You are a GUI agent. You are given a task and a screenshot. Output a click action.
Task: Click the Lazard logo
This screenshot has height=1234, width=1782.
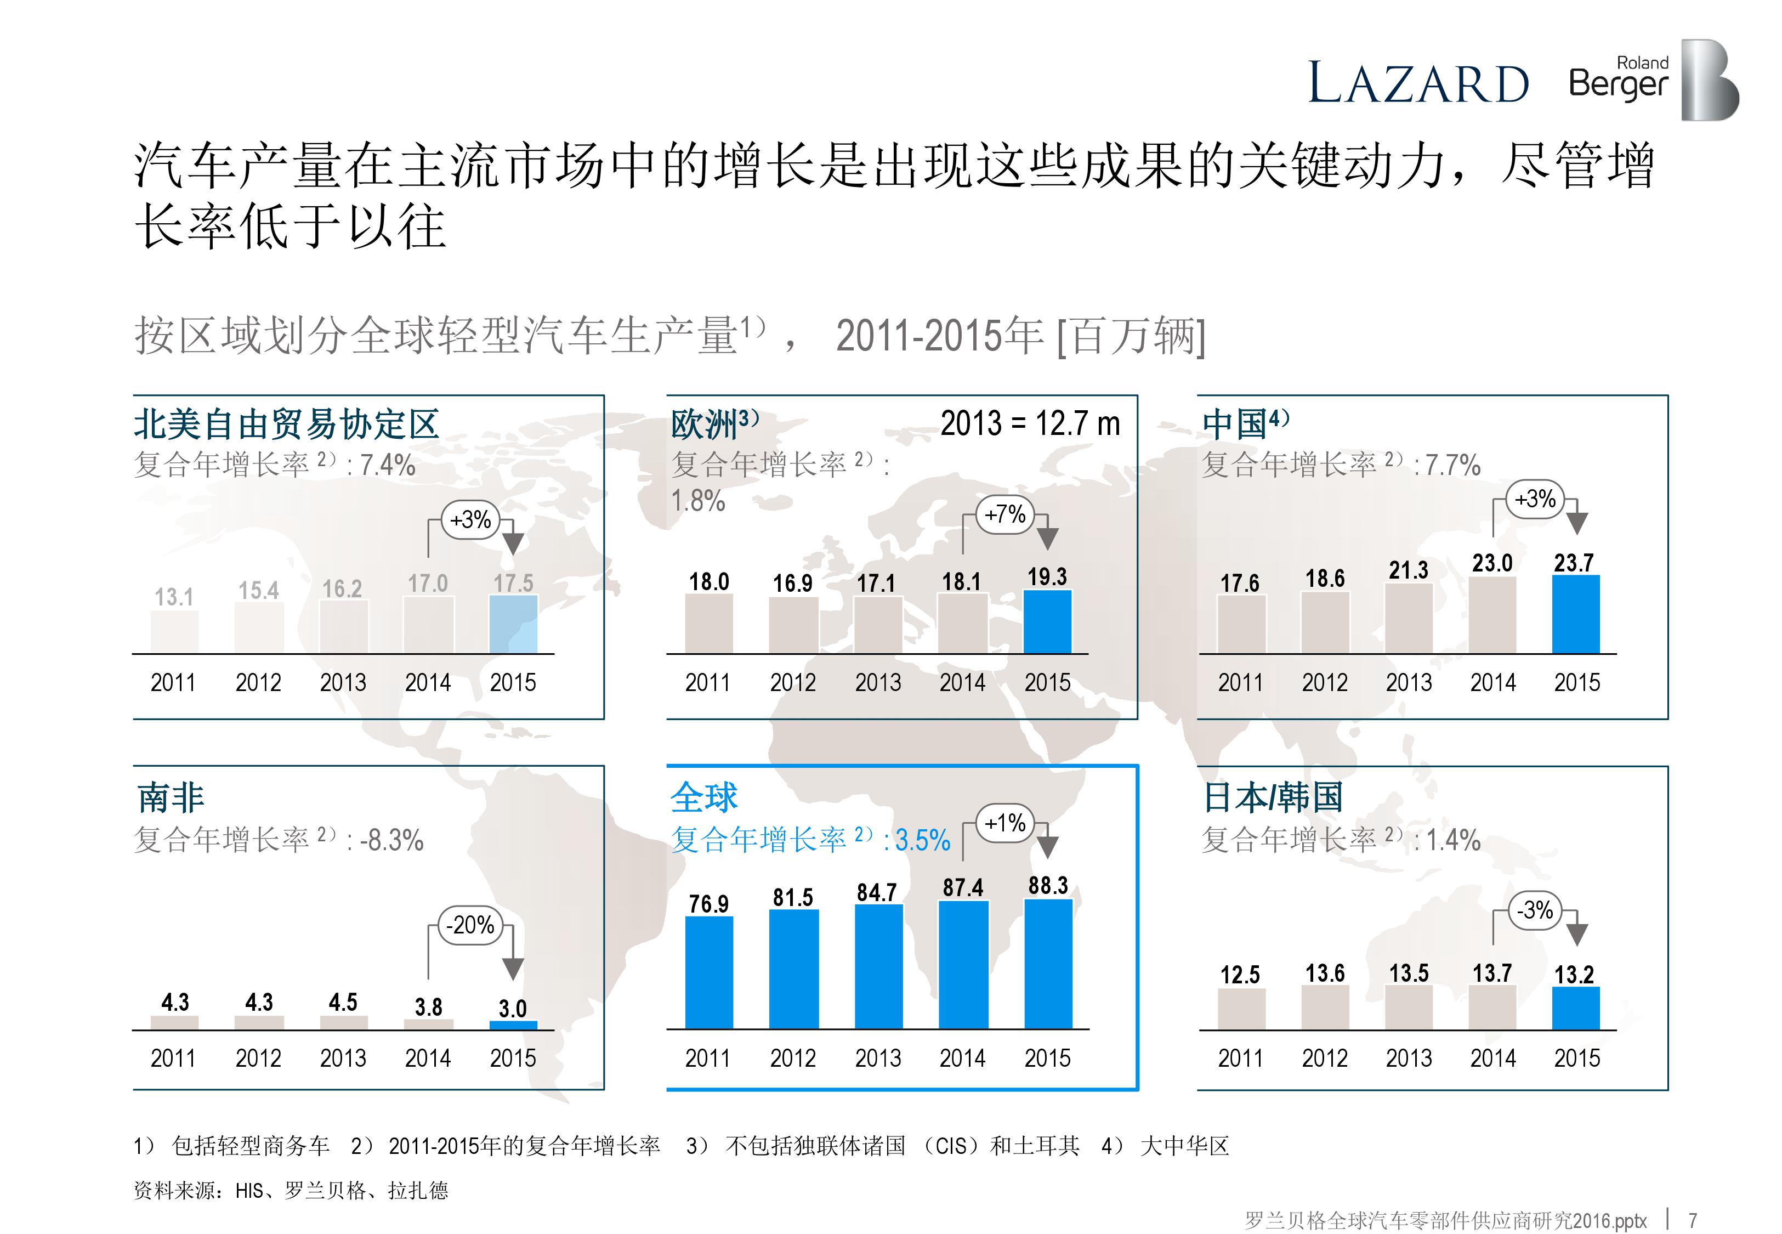click(1417, 83)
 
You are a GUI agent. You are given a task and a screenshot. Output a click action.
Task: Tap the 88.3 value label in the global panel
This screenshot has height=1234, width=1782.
click(1048, 885)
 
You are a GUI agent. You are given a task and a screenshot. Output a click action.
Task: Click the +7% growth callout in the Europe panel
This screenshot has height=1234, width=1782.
click(1004, 514)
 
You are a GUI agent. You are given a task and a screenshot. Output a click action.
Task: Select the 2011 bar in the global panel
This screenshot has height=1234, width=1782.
click(708, 972)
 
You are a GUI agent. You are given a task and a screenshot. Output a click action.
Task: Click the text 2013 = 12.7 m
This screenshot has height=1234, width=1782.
click(1030, 424)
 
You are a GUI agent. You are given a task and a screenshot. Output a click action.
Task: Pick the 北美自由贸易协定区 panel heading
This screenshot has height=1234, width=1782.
click(286, 424)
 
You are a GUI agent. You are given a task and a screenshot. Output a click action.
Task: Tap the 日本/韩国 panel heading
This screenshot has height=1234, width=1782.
click(1273, 797)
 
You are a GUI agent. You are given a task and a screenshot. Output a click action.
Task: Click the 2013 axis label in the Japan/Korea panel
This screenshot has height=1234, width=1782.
click(1408, 1058)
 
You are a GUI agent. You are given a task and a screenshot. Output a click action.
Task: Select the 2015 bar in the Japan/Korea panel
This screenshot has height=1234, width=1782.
click(1576, 1008)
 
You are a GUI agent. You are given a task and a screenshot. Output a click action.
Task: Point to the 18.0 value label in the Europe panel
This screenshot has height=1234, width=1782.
click(708, 581)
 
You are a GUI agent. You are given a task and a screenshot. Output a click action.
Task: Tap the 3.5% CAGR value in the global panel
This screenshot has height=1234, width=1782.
click(922, 840)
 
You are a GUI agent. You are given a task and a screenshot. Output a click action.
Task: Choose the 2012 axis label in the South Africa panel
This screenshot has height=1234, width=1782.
click(258, 1058)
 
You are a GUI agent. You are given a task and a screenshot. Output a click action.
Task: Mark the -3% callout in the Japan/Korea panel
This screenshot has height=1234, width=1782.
click(1535, 910)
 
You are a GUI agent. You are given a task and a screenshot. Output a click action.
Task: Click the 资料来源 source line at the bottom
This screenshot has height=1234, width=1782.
click(291, 1190)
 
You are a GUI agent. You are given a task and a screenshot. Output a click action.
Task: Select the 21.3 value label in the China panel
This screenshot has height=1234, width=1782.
click(1408, 570)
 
